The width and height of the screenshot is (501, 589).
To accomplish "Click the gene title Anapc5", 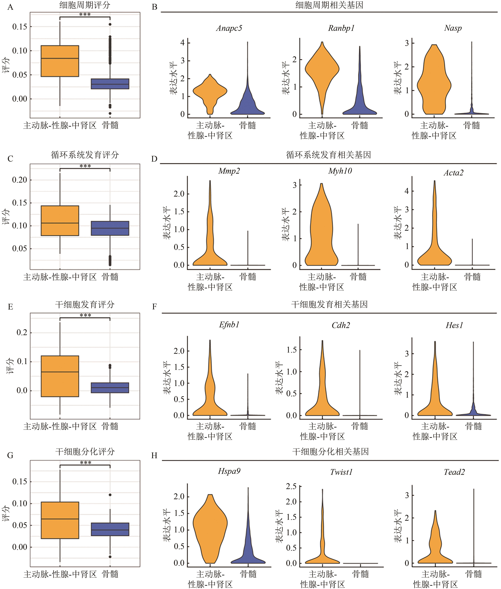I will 229,28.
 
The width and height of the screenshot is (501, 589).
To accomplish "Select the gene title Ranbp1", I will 341,28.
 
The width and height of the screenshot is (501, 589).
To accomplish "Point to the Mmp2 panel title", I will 229,171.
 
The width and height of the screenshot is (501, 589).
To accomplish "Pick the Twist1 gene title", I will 341,472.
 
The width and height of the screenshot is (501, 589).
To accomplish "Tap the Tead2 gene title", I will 454,472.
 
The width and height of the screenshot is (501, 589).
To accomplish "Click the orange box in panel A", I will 60,61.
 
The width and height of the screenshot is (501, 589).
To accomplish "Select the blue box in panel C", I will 110,228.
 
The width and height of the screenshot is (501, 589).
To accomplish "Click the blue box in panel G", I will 110,529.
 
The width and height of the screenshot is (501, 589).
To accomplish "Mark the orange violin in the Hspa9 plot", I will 210,526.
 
